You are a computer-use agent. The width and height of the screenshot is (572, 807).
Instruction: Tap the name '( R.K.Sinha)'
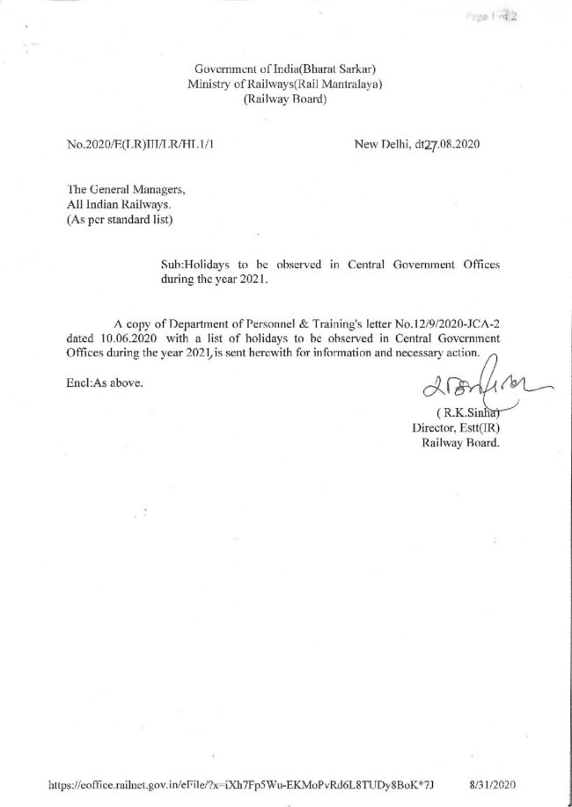pos(460,413)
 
